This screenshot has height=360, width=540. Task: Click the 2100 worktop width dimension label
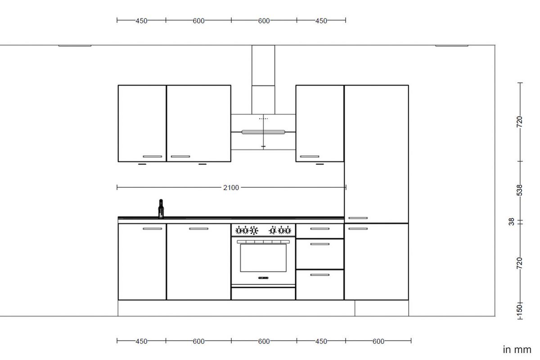click(x=231, y=188)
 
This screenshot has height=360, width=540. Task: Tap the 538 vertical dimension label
click(x=520, y=190)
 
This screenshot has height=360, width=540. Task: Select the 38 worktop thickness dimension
click(x=511, y=222)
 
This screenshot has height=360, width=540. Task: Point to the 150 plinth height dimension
click(x=520, y=309)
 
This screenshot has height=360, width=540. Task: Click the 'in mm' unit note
click(x=517, y=350)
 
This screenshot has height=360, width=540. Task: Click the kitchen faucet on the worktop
click(x=161, y=209)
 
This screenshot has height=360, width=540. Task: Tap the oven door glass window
click(x=263, y=258)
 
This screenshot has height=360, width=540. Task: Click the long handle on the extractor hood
click(x=263, y=132)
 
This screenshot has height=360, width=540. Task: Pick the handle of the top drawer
click(x=319, y=229)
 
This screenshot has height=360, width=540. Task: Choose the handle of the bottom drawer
click(x=319, y=274)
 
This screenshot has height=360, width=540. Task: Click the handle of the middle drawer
click(x=319, y=244)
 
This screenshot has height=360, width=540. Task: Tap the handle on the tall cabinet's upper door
click(x=358, y=218)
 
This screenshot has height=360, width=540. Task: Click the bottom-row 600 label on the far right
click(x=378, y=342)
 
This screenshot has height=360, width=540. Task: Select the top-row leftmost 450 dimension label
click(x=141, y=21)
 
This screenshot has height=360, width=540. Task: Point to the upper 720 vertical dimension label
click(x=520, y=122)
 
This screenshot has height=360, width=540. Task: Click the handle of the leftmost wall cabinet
click(x=153, y=157)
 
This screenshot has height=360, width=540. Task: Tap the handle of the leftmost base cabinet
click(x=153, y=229)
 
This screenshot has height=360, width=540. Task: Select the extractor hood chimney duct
click(x=263, y=80)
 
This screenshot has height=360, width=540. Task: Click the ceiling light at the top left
click(x=75, y=45)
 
